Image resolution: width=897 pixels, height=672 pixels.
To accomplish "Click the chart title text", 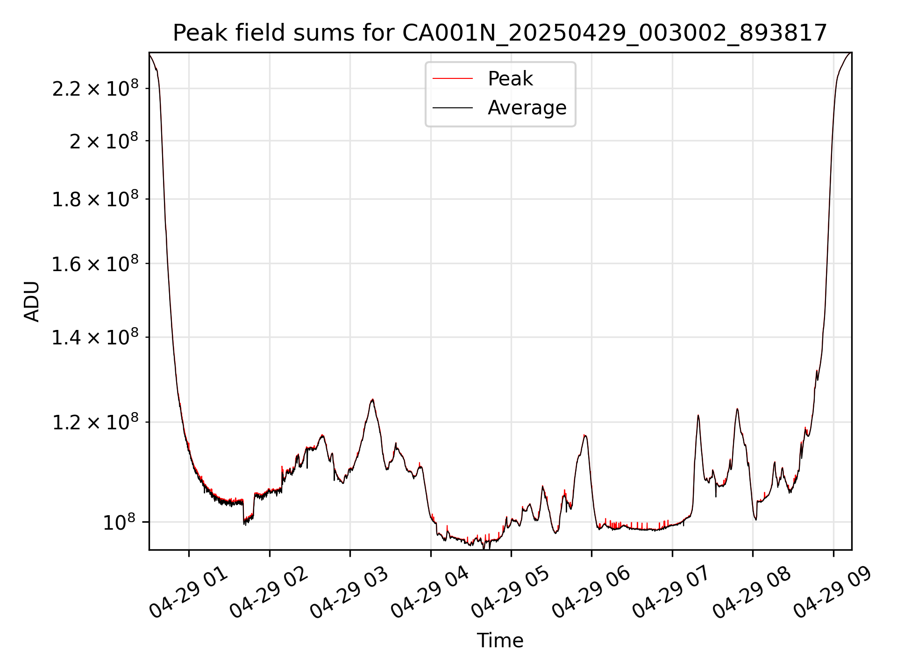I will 500,33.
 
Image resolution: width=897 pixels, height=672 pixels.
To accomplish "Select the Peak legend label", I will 510,79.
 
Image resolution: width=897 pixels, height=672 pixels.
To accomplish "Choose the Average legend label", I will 527,108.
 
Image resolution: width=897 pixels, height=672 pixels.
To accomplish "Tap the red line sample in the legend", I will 452,79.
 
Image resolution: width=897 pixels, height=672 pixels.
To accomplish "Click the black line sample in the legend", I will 452,108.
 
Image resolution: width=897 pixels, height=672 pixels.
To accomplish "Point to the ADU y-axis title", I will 32,301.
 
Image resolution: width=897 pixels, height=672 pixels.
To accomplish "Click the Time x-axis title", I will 500,641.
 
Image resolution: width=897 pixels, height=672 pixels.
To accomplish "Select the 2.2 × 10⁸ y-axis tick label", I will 95,89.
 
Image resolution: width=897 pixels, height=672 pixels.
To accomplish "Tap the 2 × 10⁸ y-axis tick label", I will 104,141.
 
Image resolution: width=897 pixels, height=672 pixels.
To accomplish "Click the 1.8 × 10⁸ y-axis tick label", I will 95,200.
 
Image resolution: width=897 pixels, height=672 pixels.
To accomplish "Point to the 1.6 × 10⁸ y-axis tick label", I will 95,265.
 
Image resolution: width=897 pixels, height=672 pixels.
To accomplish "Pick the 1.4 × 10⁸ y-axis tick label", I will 95,338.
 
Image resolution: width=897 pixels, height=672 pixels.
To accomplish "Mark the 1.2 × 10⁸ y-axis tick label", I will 95,423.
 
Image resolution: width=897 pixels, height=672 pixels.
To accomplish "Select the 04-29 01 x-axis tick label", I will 188,594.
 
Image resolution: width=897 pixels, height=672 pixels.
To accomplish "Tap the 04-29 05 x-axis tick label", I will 510,594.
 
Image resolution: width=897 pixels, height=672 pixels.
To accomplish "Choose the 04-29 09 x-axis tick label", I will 833,594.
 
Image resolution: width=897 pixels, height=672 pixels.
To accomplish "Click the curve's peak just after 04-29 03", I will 372,399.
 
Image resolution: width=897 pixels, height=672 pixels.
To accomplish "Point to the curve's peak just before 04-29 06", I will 585,435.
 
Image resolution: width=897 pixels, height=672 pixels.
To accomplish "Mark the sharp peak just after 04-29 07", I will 698,415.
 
